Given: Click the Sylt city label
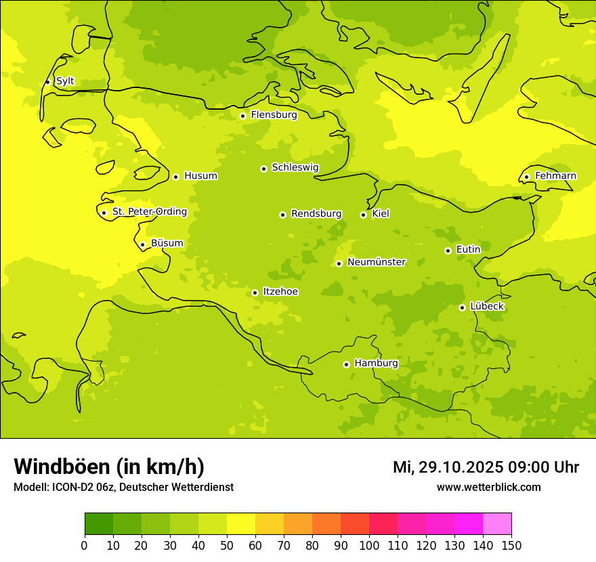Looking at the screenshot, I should (x=65, y=81).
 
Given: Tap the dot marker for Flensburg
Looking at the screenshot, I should (x=242, y=116).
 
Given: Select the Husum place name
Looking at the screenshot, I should (x=200, y=176).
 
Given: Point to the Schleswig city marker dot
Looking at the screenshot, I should (x=263, y=169).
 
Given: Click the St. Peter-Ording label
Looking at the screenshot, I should (x=149, y=212).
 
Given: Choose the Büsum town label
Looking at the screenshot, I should (x=167, y=244).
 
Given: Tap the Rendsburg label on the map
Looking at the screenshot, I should (x=316, y=214).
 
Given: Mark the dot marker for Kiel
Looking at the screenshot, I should (x=363, y=215).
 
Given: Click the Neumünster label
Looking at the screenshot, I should (x=377, y=262).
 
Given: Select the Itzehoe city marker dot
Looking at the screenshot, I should (x=255, y=293).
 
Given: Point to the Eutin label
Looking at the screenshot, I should (x=468, y=250).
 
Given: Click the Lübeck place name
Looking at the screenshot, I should (x=486, y=307).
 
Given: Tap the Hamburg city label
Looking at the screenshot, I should (x=376, y=364).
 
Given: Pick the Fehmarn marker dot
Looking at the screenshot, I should (x=526, y=177).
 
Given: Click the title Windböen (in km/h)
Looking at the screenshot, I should (x=109, y=467).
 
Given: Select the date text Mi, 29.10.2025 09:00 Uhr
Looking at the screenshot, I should (x=486, y=467).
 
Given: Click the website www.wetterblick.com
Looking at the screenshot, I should (x=488, y=487).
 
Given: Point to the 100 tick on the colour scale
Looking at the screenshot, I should (x=369, y=546).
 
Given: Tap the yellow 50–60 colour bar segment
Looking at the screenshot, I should (x=241, y=524).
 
